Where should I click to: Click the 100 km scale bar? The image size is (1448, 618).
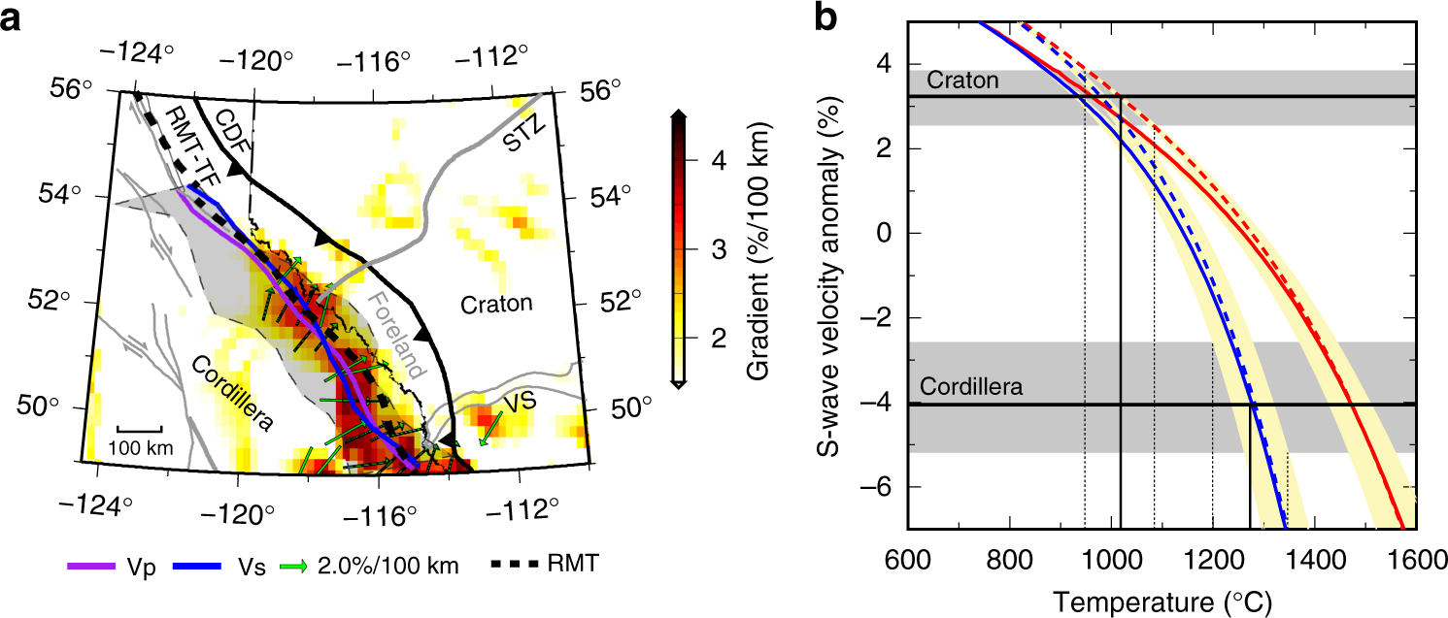click(139, 428)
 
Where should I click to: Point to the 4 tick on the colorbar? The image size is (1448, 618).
click(717, 162)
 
